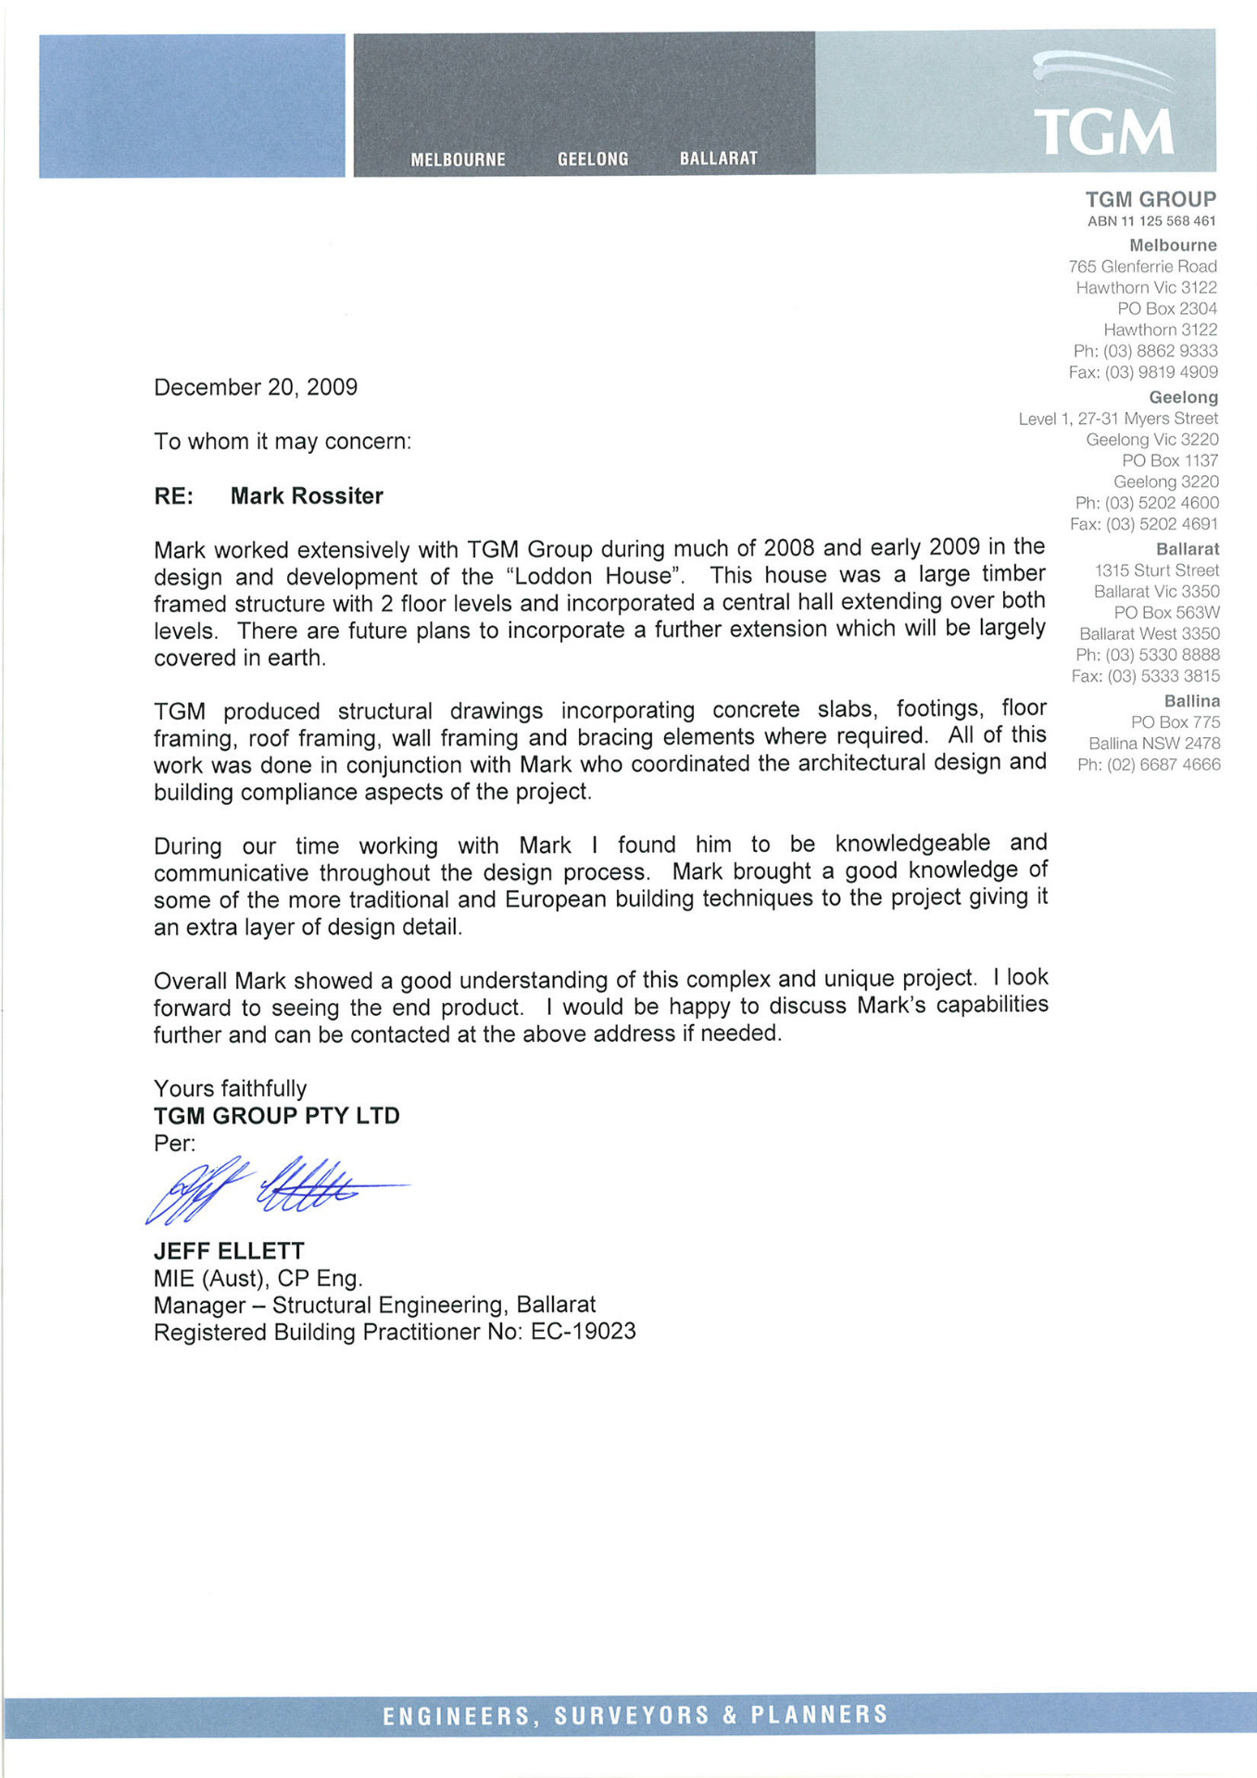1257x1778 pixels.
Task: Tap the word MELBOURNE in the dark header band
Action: click(x=458, y=159)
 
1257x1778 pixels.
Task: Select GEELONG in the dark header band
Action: click(x=593, y=159)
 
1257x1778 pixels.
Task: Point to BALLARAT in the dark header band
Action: click(x=718, y=158)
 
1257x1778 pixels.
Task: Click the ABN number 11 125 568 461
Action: click(x=1168, y=221)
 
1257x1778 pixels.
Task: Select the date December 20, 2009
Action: click(x=256, y=387)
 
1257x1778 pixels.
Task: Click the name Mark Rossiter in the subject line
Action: click(x=307, y=496)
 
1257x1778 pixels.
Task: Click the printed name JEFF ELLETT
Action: click(x=229, y=1251)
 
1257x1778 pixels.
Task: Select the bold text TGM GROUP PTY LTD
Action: click(x=277, y=1116)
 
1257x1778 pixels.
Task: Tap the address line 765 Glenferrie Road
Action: click(x=1142, y=267)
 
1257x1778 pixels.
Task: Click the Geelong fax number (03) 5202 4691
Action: click(x=1162, y=524)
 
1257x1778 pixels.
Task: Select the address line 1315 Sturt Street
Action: click(x=1156, y=570)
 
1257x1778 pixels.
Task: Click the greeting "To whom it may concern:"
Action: click(x=283, y=442)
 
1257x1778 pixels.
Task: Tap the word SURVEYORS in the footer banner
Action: click(x=632, y=1715)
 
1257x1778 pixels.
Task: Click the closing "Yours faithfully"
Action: click(x=230, y=1089)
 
